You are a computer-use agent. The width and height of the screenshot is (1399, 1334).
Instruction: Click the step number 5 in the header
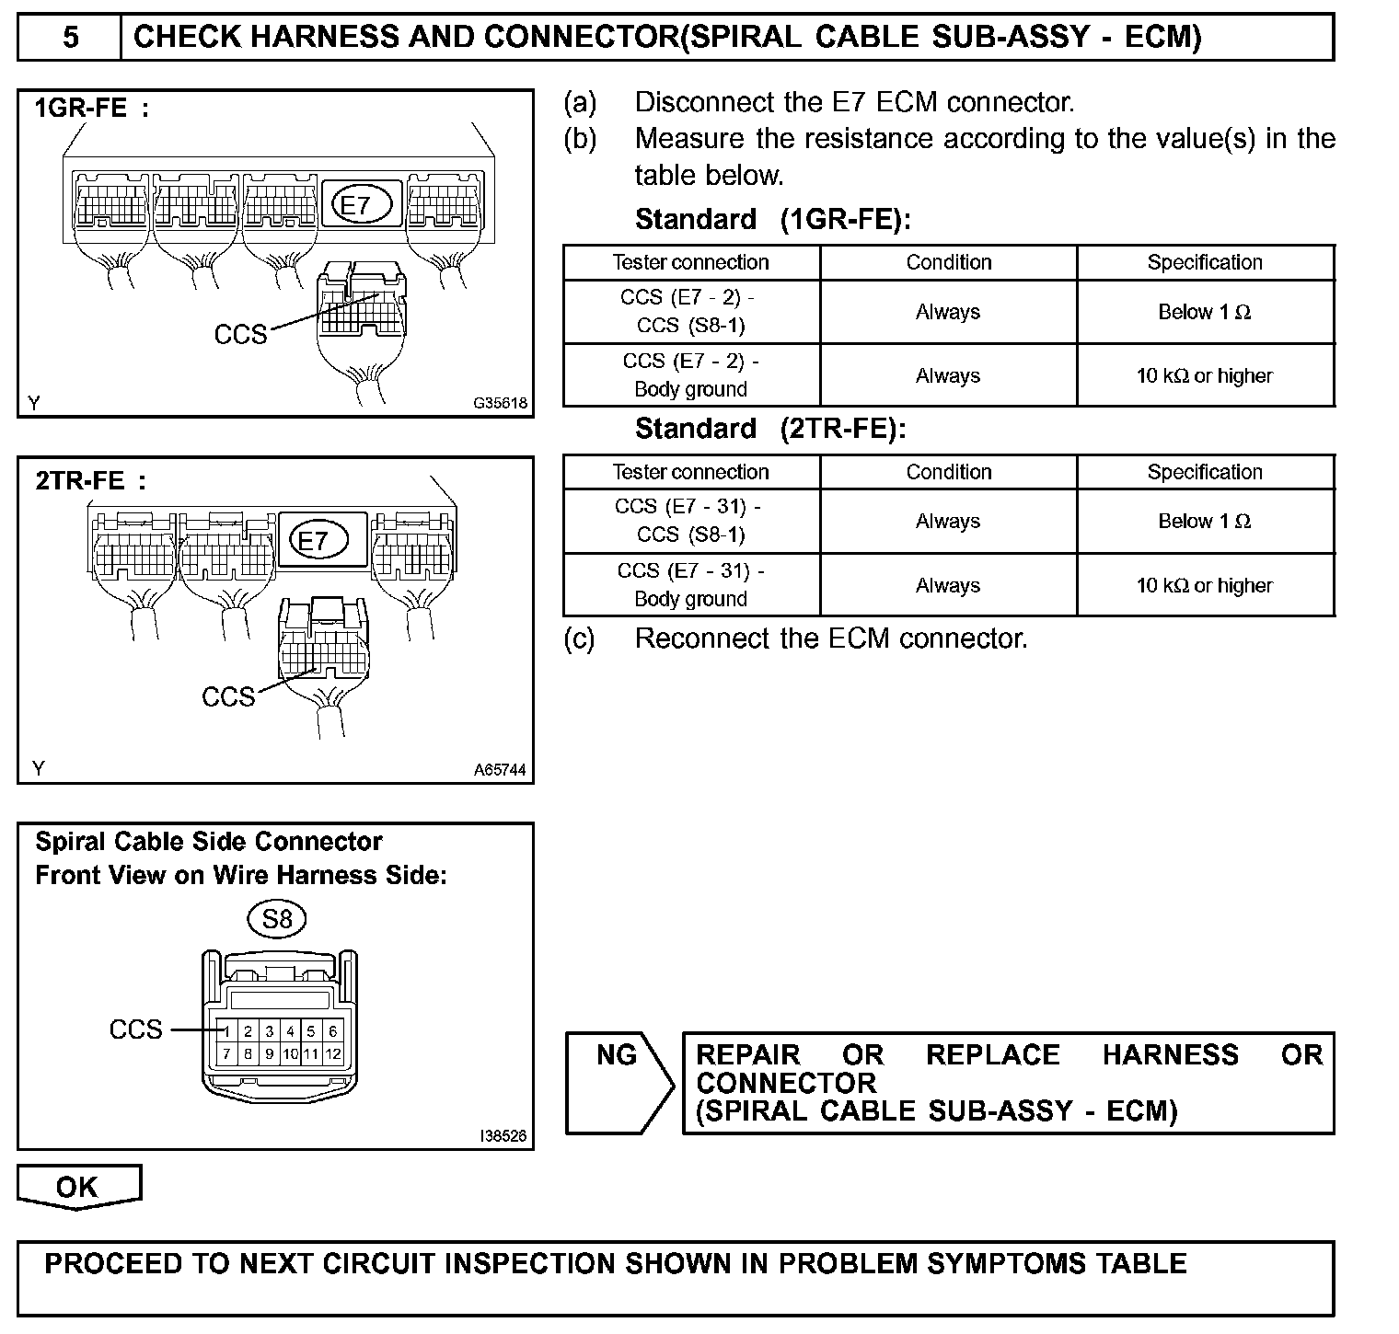coord(70,37)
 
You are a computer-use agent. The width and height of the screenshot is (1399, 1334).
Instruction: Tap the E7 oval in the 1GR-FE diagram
coord(354,205)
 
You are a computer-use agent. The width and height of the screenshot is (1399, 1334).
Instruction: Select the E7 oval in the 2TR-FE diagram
coord(314,540)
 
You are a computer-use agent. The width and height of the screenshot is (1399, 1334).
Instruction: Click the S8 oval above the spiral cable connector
coord(277,918)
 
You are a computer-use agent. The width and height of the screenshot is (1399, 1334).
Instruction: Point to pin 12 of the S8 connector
coord(332,1054)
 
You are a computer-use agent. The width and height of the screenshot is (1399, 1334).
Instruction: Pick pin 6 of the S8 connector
coord(332,1032)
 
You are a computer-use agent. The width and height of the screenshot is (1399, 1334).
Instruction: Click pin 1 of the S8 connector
coord(226,1032)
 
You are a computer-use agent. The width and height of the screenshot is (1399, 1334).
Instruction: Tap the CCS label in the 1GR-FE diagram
coord(240,334)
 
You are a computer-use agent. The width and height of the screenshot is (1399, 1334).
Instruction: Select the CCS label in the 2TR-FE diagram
coord(228,696)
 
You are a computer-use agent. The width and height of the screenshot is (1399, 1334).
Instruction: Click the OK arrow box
coord(78,1187)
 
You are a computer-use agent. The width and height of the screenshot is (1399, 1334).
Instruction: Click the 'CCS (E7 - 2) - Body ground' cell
coord(690,375)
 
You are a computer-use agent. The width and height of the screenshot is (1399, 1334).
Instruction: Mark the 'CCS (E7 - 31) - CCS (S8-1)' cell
coord(690,521)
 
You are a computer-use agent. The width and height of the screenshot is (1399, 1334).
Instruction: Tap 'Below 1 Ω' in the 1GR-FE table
coord(1204,312)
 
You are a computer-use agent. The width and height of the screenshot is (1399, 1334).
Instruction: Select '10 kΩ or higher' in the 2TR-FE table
coord(1204,585)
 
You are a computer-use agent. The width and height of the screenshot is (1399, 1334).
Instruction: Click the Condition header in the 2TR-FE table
coord(948,472)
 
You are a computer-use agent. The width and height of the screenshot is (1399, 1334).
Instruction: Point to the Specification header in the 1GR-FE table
coord(1204,262)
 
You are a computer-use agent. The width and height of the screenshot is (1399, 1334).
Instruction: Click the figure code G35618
coord(501,403)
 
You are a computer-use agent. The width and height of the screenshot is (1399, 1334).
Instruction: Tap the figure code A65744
coord(501,770)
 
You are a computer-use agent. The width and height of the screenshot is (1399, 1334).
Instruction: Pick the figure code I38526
coord(503,1136)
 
